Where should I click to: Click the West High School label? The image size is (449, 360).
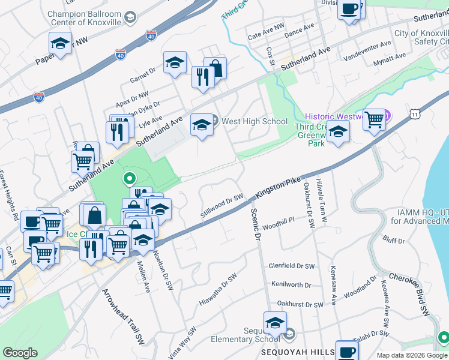pos(255,121)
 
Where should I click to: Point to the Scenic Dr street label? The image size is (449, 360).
pos(255,225)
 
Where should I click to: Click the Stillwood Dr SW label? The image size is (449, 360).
pos(221,206)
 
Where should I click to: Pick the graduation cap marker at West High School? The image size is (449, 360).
pos(202,125)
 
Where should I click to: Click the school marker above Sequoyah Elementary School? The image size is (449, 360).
pos(275,325)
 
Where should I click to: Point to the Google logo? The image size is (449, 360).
pos(20,352)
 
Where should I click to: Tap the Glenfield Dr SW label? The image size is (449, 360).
pos(291,265)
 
